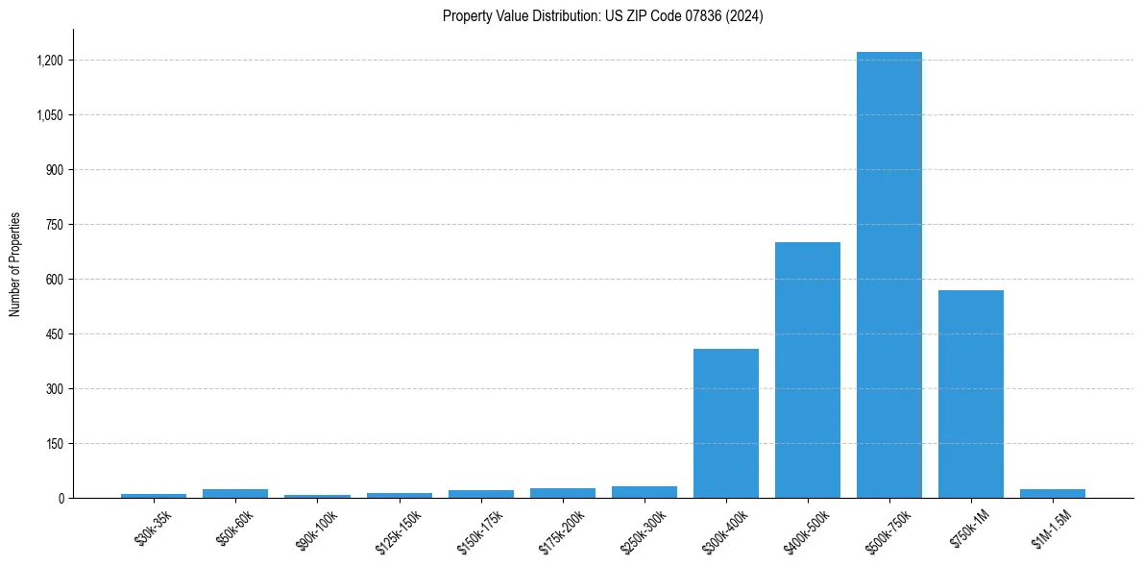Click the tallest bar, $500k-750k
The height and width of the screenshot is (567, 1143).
[x=888, y=275]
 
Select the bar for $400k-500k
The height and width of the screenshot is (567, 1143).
[x=807, y=370]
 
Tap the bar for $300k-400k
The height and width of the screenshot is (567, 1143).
[x=725, y=423]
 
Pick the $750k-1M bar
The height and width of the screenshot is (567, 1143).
[x=970, y=394]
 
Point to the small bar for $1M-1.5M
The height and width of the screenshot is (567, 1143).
[x=1052, y=493]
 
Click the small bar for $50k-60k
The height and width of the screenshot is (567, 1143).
[x=235, y=493]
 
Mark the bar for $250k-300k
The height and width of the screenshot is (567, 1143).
[x=644, y=492]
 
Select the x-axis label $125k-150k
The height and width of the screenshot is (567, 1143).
[x=398, y=528]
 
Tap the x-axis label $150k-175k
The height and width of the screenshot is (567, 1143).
[x=479, y=528]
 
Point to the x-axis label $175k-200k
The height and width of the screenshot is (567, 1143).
[x=561, y=528]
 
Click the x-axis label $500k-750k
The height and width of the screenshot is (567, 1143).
[x=888, y=528]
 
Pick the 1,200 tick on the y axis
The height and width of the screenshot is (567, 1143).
[x=50, y=61]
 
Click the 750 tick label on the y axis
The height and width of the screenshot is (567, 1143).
[x=54, y=225]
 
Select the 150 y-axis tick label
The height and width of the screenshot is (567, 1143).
[x=54, y=444]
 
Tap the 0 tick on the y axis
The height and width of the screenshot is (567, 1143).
[x=61, y=499]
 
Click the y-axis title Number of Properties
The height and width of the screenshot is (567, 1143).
[x=15, y=264]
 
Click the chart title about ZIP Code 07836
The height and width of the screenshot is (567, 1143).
[x=602, y=16]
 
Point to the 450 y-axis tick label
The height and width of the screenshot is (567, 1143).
[x=54, y=334]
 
